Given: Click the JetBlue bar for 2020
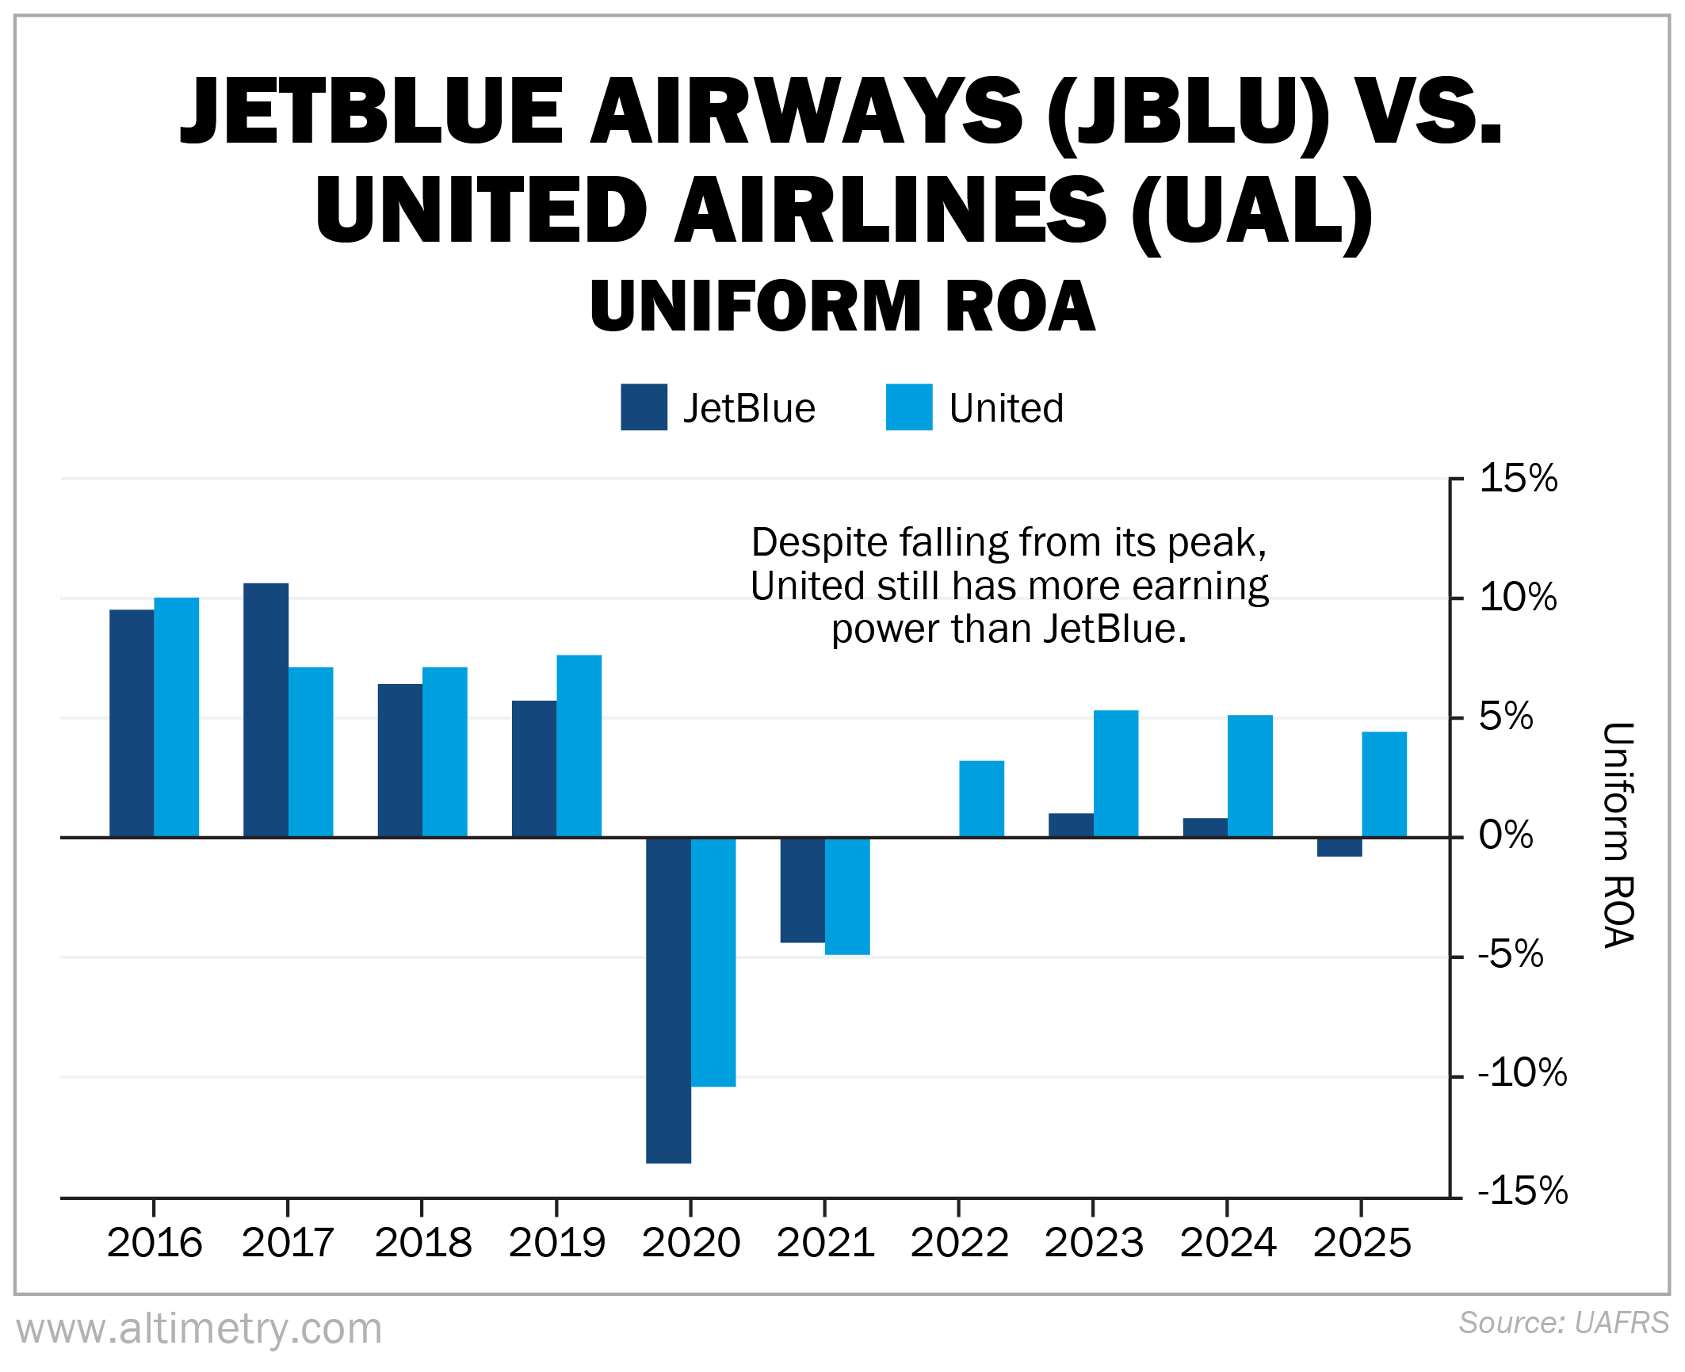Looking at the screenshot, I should pyautogui.click(x=668, y=999).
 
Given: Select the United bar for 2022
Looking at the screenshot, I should pyautogui.click(x=981, y=798).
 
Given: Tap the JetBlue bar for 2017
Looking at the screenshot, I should pyautogui.click(x=266, y=709).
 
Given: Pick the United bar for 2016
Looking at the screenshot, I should pyautogui.click(x=176, y=717).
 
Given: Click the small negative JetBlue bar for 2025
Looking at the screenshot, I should pyautogui.click(x=1339, y=847).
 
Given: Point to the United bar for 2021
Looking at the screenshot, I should pyautogui.click(x=847, y=896).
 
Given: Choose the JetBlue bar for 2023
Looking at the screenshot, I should pyautogui.click(x=1071, y=825).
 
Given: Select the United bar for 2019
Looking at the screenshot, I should pyautogui.click(x=579, y=745).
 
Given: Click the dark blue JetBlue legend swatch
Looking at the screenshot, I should pyautogui.click(x=644, y=407).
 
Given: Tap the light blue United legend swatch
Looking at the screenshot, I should pyautogui.click(x=908, y=407).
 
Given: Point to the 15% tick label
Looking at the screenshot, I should pyautogui.click(x=1517, y=479).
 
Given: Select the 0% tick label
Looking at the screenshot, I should pyautogui.click(x=1505, y=835).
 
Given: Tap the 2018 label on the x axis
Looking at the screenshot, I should pyautogui.click(x=422, y=1242).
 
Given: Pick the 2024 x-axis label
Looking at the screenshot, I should pyautogui.click(x=1228, y=1242).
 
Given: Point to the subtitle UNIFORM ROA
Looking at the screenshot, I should pyautogui.click(x=842, y=306).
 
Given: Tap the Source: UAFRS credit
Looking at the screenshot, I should pyautogui.click(x=1563, y=1323).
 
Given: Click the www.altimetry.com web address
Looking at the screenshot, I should pyautogui.click(x=199, y=1328).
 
